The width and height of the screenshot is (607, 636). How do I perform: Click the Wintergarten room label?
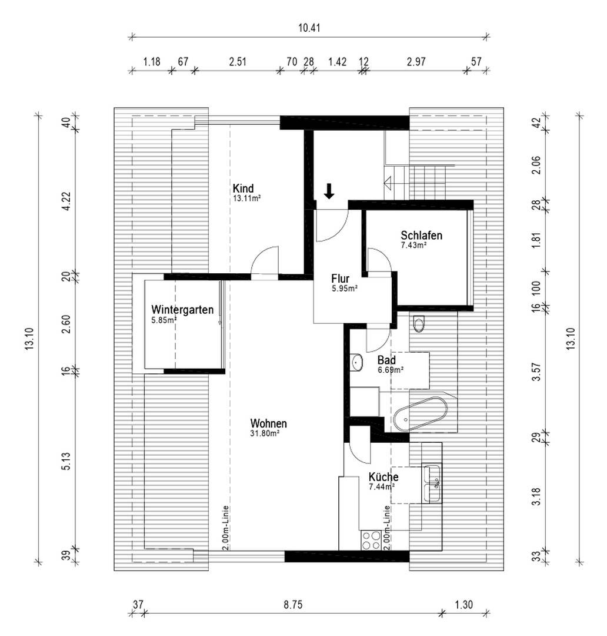click(182, 310)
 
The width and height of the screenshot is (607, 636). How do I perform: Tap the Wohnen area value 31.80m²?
click(265, 433)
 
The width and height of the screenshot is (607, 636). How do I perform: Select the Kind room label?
click(243, 188)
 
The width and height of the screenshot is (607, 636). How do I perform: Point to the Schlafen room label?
click(421, 235)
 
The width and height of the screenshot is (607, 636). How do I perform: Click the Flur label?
click(341, 279)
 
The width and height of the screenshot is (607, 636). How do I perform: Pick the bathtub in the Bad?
click(420, 414)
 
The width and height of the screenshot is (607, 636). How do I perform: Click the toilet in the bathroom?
click(419, 324)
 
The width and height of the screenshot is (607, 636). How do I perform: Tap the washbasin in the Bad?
click(356, 362)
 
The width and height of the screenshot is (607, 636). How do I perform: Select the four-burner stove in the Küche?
click(371, 540)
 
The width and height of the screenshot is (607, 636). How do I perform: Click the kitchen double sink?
click(432, 484)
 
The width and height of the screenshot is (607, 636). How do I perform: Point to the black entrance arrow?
click(329, 191)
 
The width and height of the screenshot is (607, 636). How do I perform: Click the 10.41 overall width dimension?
click(309, 28)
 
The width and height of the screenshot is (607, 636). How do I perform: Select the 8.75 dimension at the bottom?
click(292, 605)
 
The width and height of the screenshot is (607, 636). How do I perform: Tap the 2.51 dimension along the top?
click(238, 62)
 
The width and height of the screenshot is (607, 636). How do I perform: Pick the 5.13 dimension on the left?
click(67, 461)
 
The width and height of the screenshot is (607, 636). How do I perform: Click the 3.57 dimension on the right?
click(536, 372)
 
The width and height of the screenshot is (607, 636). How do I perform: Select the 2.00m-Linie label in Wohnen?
click(226, 528)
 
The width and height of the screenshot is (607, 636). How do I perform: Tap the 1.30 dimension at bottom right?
click(463, 605)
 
